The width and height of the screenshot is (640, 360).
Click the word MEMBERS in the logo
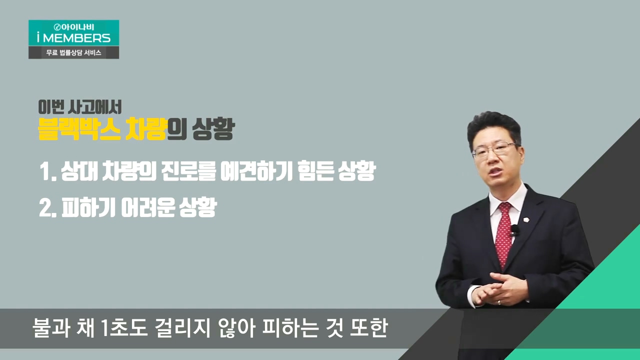point(76,38)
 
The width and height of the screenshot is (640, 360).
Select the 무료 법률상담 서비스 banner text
point(73,52)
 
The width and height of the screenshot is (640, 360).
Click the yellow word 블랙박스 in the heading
point(79,129)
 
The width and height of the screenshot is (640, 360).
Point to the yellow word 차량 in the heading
point(145,129)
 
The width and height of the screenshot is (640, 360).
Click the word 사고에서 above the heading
point(95,107)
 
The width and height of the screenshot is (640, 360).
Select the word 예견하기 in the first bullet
point(256,171)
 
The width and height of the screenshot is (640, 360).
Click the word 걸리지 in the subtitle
point(182,328)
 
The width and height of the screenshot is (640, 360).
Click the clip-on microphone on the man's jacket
point(515,230)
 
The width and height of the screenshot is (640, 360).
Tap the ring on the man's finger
point(499,302)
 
